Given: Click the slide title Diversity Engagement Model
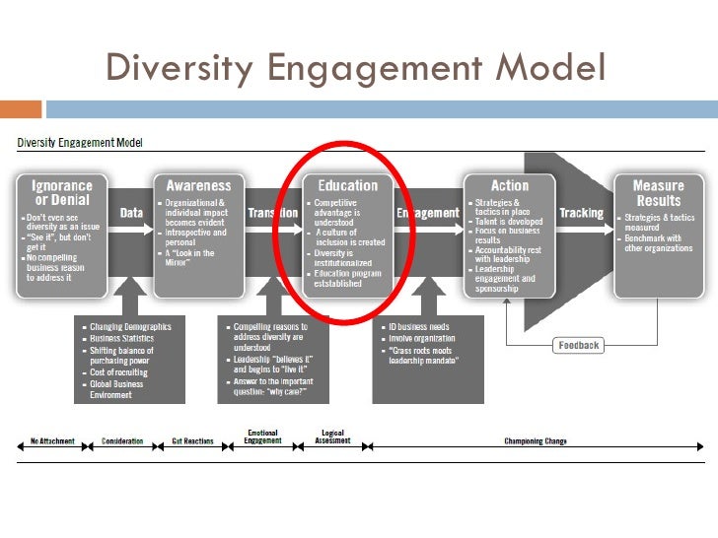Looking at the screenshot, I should [x=354, y=69].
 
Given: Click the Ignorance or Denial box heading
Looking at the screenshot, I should [x=63, y=192].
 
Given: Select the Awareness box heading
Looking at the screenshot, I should [x=197, y=185].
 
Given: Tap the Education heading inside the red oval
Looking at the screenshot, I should [x=347, y=185].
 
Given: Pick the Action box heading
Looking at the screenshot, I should [x=509, y=185].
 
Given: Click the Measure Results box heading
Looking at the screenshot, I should [x=658, y=192].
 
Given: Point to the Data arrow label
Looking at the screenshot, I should [x=130, y=213].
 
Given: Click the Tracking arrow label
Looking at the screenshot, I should [x=580, y=213].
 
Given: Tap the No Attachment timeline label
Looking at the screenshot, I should [x=52, y=441].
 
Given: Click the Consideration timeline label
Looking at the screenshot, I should [x=122, y=441].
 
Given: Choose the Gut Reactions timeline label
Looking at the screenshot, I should [x=192, y=441].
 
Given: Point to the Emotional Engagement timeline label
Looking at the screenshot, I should [x=262, y=437].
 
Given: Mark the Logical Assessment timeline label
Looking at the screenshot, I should [x=332, y=437].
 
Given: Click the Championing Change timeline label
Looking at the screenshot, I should [x=536, y=441].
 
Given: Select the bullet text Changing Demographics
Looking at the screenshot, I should [x=130, y=327].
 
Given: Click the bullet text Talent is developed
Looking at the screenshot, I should [x=511, y=223].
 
